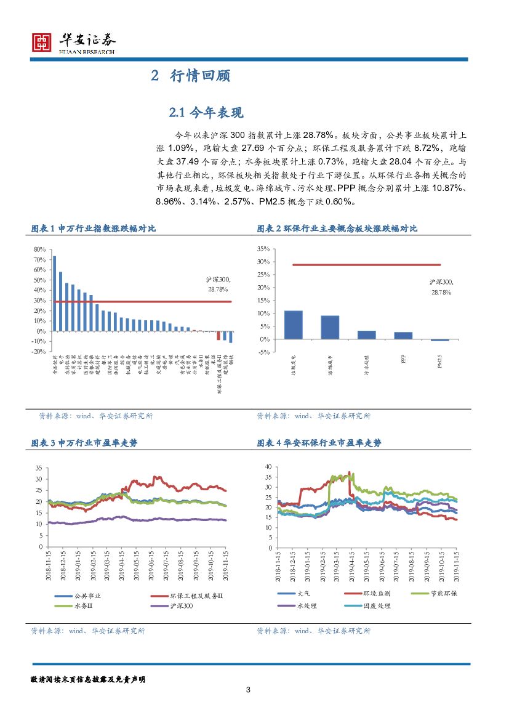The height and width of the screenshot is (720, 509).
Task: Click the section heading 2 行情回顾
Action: pyautogui.click(x=190, y=76)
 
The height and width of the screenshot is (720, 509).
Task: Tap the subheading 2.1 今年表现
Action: pyautogui.click(x=206, y=113)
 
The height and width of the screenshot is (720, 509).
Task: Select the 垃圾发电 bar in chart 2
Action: pyautogui.click(x=293, y=325)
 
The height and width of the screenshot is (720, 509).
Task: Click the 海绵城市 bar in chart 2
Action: pyautogui.click(x=330, y=327)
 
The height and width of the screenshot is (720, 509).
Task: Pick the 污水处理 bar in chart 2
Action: pyautogui.click(x=366, y=334)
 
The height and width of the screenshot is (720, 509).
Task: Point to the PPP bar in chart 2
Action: pyautogui.click(x=403, y=335)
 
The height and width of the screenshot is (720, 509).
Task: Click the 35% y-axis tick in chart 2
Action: pyautogui.click(x=263, y=249)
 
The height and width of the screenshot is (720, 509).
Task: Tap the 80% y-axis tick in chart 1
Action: pyautogui.click(x=39, y=249)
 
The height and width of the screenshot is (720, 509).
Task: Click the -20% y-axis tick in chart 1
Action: pyautogui.click(x=38, y=351)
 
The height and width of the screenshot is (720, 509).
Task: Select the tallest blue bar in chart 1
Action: pyautogui.click(x=54, y=293)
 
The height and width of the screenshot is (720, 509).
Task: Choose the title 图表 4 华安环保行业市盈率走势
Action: pyautogui.click(x=319, y=443)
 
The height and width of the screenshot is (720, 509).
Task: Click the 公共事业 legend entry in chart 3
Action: pyautogui.click(x=78, y=596)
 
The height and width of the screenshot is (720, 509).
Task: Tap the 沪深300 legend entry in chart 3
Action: pyautogui.click(x=172, y=607)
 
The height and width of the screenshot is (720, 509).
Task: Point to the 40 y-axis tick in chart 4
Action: pyautogui.click(x=267, y=467)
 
